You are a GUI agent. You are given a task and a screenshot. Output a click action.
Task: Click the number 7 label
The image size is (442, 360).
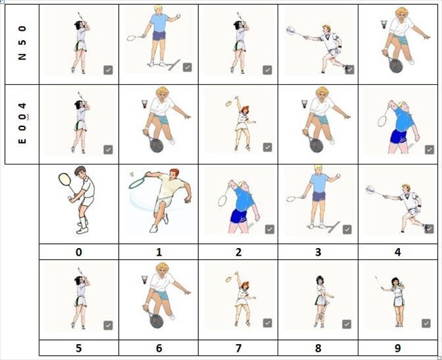(x=238, y=348)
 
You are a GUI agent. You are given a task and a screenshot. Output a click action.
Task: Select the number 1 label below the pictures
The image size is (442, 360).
(x=159, y=252)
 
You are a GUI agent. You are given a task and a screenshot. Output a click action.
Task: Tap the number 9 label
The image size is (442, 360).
(x=398, y=348)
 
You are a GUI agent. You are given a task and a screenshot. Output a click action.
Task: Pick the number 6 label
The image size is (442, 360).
(x=159, y=348)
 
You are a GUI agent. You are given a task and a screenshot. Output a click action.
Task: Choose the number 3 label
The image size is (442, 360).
(x=318, y=252)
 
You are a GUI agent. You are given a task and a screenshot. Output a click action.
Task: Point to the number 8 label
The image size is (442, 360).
(x=318, y=348)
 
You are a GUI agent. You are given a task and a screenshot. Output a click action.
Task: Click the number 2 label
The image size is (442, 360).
(x=238, y=252)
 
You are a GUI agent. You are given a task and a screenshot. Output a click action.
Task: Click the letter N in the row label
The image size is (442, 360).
(x=22, y=56)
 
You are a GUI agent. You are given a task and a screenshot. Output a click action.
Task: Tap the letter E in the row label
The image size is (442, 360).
(x=22, y=140)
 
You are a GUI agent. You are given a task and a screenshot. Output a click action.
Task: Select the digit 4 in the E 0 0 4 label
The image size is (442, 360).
(x=22, y=106)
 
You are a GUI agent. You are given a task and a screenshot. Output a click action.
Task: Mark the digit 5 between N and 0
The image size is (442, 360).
(x=22, y=42)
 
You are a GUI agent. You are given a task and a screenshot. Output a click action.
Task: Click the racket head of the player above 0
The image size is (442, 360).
(x=64, y=179)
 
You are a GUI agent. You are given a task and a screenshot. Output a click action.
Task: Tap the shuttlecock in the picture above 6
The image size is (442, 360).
(x=145, y=281)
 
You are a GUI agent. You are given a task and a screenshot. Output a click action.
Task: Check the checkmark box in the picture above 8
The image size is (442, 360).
(x=347, y=324)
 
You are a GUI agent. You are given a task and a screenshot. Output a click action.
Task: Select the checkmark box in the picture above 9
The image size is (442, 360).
(x=426, y=323)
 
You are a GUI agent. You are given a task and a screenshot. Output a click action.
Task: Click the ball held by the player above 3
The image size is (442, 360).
(x=338, y=176)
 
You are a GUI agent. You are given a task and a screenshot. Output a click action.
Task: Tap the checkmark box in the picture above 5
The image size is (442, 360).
(x=108, y=325)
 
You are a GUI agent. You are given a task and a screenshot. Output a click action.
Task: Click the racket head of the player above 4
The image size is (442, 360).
(x=371, y=190)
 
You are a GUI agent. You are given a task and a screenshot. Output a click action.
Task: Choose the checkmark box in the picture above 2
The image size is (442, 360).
(x=270, y=229)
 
